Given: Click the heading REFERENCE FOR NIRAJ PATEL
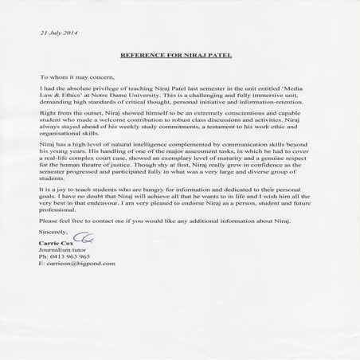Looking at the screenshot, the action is (x=180, y=57).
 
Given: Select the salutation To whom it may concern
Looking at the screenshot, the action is (x=75, y=80).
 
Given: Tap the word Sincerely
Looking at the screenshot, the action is (x=53, y=229).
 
